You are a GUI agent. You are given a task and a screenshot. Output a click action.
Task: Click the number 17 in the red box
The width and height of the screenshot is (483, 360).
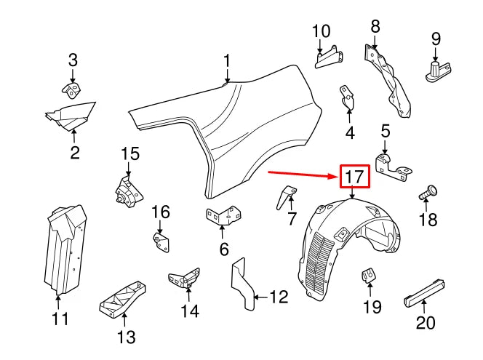click(354, 176)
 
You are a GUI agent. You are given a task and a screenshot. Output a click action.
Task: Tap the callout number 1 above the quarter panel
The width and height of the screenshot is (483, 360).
click(227, 60)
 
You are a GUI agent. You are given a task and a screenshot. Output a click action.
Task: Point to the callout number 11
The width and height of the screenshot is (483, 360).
click(60, 319)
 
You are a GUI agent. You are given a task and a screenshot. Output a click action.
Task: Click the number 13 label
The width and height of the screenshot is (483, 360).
click(126, 337)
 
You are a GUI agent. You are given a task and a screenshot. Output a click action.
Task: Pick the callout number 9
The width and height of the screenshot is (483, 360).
click(436, 38)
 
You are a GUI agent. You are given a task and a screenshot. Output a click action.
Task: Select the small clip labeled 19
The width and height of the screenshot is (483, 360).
click(369, 276)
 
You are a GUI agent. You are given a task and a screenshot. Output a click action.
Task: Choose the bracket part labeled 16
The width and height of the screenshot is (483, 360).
click(161, 241)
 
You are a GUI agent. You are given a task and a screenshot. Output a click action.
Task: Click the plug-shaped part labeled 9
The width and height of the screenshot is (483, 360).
click(435, 70)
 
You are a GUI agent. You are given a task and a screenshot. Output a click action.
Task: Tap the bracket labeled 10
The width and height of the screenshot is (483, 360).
click(328, 59)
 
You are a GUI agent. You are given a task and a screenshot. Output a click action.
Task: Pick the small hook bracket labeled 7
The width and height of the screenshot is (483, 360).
click(287, 196)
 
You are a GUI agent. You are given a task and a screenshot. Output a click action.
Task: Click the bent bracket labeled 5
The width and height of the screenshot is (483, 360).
click(394, 165)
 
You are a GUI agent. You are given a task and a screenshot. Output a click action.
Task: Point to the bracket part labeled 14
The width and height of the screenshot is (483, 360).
click(185, 278)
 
